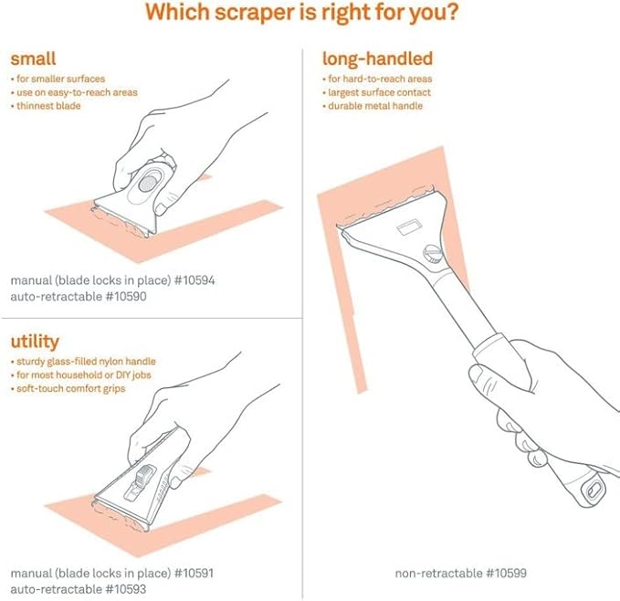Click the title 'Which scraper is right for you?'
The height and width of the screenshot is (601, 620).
[x=310, y=16]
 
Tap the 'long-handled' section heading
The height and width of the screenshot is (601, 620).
[x=377, y=59]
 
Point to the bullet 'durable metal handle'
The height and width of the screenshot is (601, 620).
[x=376, y=107]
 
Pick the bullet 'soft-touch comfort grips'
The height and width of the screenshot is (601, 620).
[x=71, y=389]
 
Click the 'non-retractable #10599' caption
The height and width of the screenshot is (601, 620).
[x=461, y=574]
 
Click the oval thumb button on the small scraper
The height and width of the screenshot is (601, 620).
[x=146, y=184]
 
